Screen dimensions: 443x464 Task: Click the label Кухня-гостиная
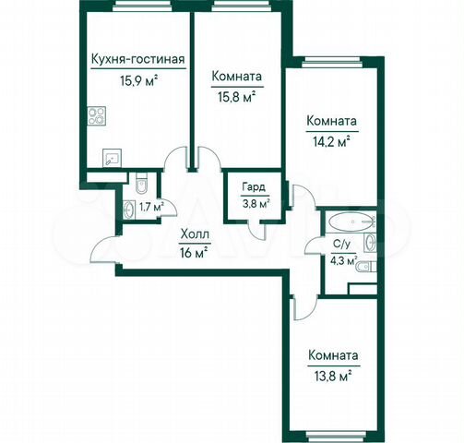pyautogui.click(x=137, y=62)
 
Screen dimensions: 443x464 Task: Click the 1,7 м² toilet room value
pyautogui.click(x=149, y=207)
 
